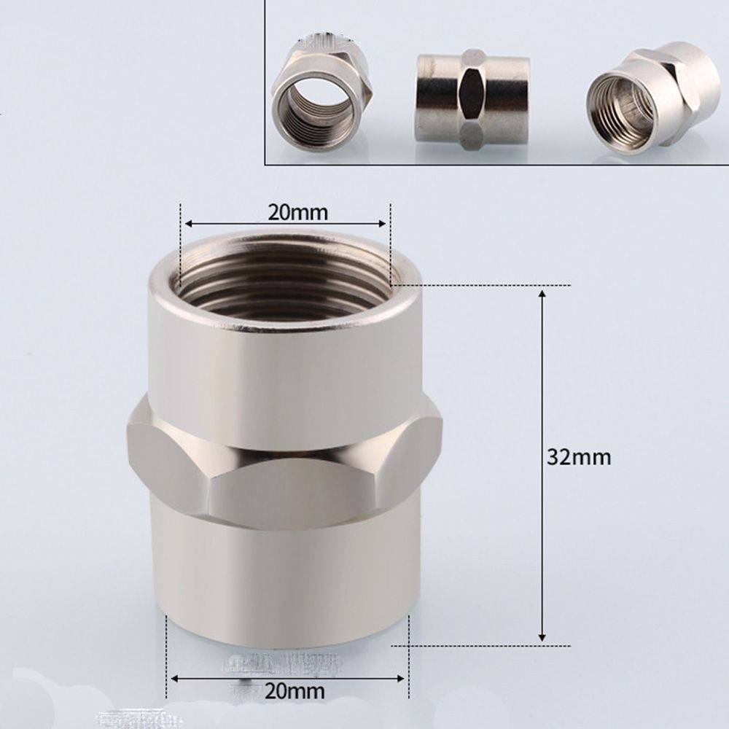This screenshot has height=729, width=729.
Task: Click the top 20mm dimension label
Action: click(297, 212)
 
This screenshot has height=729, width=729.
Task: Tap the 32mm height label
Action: click(579, 457)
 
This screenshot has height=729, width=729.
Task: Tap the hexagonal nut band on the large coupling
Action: click(284, 467)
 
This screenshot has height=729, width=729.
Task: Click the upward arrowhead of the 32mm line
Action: click(542, 293)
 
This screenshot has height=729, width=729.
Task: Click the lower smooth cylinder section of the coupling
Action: click(284, 576)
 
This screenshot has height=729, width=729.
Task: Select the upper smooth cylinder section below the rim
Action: click(284, 364)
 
